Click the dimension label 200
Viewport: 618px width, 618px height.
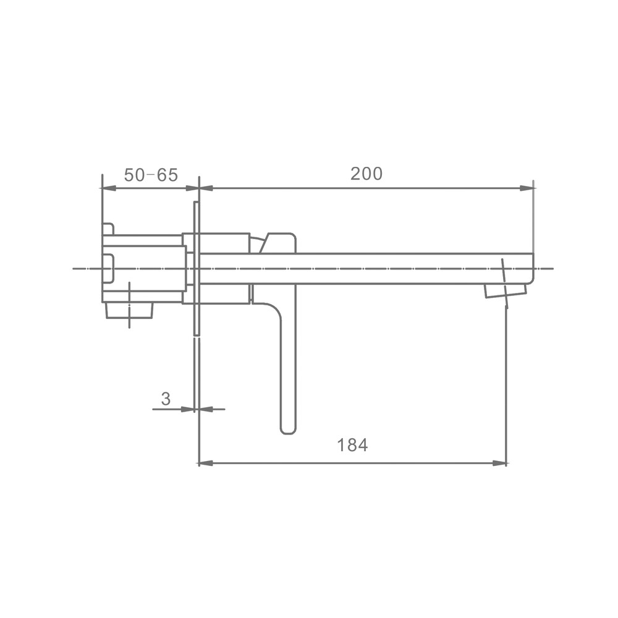(366, 174)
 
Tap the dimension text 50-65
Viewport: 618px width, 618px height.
(151, 175)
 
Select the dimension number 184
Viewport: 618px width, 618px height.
(352, 445)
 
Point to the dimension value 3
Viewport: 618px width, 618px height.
(166, 399)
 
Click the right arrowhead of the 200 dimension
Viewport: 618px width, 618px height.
(527, 188)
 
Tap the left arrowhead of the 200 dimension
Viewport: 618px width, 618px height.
(206, 188)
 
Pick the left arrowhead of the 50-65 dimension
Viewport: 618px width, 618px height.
(109, 188)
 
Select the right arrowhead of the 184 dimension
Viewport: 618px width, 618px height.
(499, 463)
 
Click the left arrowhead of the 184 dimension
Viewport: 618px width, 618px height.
(205, 463)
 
